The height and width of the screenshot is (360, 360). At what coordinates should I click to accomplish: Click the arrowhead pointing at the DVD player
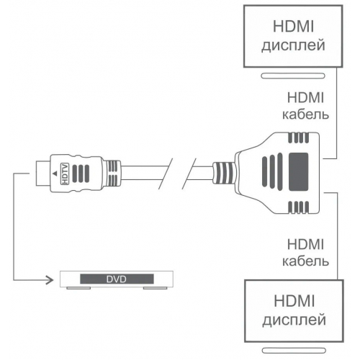(55, 277)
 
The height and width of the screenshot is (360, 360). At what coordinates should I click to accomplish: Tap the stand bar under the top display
(292, 74)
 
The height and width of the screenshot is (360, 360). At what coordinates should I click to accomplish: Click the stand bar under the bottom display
(292, 351)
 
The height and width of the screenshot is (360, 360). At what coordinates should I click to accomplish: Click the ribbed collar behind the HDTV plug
(113, 174)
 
